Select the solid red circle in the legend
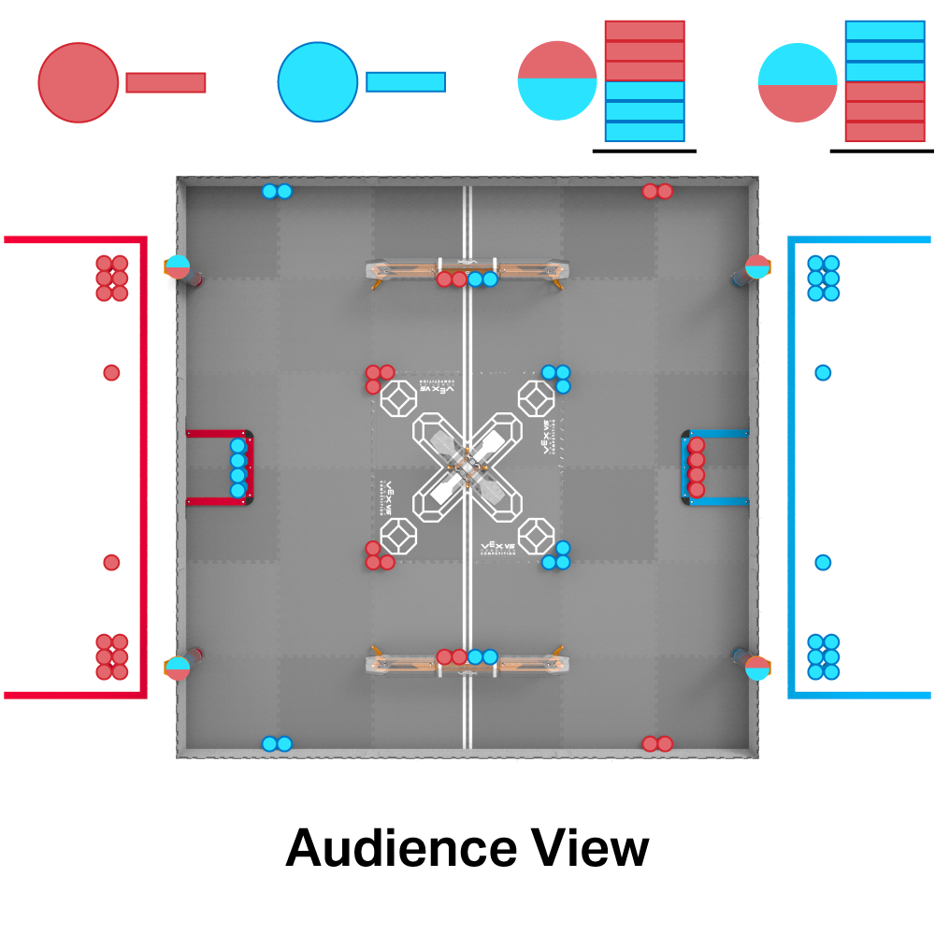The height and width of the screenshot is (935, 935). [79, 82]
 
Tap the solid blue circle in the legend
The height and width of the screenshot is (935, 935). [318, 82]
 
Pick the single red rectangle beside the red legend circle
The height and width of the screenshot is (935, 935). [165, 82]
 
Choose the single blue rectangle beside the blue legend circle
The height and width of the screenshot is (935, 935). [406, 82]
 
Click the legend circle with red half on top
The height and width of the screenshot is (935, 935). [557, 81]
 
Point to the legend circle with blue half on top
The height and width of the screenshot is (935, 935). [797, 82]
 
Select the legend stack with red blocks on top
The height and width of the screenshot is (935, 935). [645, 81]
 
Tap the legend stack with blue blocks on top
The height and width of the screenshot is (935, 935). [885, 81]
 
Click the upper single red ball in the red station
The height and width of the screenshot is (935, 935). [111, 372]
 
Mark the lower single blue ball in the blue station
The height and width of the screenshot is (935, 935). [823, 562]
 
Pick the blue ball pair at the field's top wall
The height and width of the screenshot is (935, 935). [277, 192]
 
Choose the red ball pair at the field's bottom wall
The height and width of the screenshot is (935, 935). [657, 743]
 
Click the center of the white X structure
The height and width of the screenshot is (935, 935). [467, 468]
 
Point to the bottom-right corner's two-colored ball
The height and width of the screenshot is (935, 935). [757, 668]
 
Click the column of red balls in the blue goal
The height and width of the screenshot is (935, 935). [697, 467]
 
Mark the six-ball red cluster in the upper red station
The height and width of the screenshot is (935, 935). [112, 278]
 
